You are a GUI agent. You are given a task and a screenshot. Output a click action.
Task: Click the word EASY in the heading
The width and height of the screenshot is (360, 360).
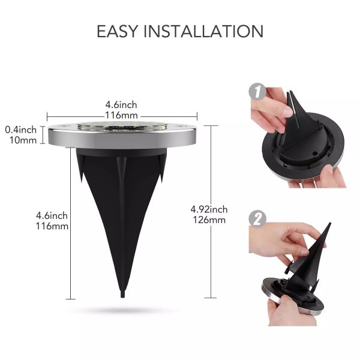pos(118,31)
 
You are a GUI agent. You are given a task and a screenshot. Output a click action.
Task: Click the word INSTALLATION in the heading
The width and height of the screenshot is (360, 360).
pos(203,31)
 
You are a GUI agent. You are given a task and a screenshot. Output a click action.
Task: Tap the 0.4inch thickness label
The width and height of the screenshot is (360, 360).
pos(21,130)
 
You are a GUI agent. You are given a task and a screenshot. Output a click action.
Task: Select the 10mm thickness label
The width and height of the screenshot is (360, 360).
pos(23,140)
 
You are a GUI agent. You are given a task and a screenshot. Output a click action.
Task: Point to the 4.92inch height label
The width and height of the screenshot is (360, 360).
pos(209,209)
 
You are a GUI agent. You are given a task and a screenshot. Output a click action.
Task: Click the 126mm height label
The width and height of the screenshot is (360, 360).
pos(209,220)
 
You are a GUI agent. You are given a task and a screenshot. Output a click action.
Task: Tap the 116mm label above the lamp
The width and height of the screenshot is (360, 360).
pos(121,115)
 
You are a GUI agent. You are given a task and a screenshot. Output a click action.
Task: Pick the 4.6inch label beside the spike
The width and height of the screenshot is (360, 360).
pos(52,215)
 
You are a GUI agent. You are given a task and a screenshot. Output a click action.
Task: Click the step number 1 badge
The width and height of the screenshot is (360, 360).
pos(257,91)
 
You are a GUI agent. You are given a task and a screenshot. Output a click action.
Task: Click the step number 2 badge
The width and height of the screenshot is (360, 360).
pos(257,219)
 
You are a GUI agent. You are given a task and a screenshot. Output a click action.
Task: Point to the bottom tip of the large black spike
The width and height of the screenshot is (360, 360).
pos(122,298)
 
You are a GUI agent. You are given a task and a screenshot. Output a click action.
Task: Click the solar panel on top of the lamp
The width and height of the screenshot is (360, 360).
pos(122,127)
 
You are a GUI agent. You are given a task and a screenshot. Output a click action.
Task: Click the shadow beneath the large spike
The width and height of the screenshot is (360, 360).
pos(123,310)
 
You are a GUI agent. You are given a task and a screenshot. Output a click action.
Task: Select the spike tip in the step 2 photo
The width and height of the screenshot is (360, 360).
pos(329,223)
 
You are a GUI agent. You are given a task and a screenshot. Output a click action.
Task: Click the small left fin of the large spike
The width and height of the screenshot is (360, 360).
pos(80,166)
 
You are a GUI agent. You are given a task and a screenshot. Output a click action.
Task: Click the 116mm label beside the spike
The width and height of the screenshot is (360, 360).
pos(52,226)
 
